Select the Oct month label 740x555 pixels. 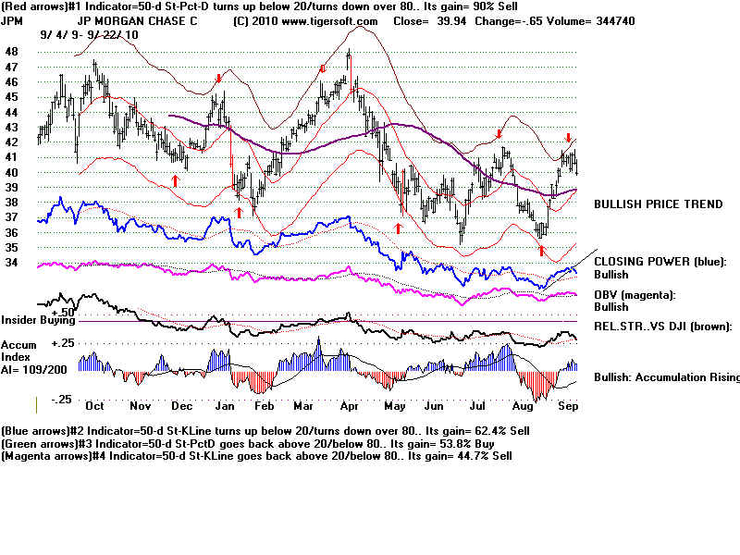pos(93,405)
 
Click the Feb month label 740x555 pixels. pos(263,405)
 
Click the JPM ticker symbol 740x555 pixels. pos(14,20)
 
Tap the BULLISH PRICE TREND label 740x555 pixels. pos(658,203)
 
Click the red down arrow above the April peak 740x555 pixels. pos(323,68)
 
